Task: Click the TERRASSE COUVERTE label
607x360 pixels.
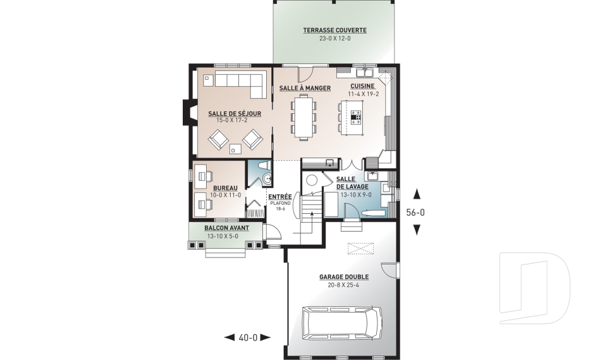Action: (334, 30)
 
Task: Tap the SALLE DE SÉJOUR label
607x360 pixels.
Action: (230, 114)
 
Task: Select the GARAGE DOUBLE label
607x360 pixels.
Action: (344, 276)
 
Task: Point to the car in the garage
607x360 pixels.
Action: (342, 323)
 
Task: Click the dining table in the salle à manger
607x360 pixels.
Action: (305, 116)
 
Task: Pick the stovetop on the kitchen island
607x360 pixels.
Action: (357, 116)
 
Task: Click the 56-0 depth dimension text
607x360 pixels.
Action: (415, 213)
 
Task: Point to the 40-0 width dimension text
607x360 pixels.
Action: (248, 337)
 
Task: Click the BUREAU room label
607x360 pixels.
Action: (225, 189)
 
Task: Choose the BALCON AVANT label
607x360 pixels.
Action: (226, 228)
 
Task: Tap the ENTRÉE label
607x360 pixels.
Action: (279, 197)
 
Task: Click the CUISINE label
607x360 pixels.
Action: (362, 87)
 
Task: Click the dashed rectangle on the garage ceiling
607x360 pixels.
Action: (359, 247)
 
